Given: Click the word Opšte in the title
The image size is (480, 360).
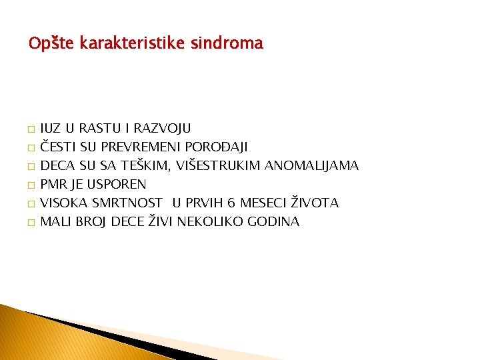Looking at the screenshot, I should [51, 44].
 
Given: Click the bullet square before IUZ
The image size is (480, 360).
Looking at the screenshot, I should [31, 129].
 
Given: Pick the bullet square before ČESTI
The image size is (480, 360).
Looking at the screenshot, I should [31, 147].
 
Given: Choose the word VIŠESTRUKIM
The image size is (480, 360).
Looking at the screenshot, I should [219, 165].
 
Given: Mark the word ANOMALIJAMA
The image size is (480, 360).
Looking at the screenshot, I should [313, 165].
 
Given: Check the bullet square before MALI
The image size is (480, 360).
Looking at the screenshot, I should [31, 222].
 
